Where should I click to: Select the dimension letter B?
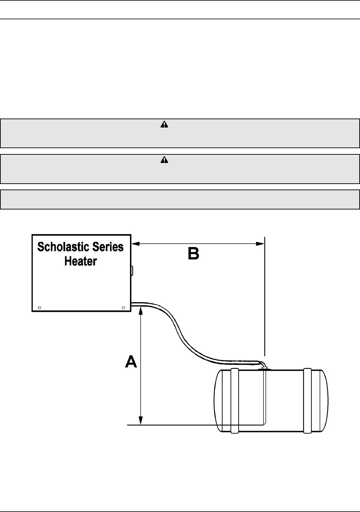tap(193, 254)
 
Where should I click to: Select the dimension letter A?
tap(131, 362)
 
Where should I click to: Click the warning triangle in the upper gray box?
tap(164, 125)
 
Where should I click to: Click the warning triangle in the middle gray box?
tap(164, 160)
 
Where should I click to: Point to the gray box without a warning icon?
tap(180, 199)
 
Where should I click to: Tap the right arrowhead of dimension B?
tap(260, 244)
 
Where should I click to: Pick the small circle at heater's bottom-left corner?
tap(40, 307)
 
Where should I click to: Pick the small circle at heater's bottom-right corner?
tap(123, 307)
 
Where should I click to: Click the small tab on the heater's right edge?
tap(132, 271)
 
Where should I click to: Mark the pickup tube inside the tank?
tap(264, 396)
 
